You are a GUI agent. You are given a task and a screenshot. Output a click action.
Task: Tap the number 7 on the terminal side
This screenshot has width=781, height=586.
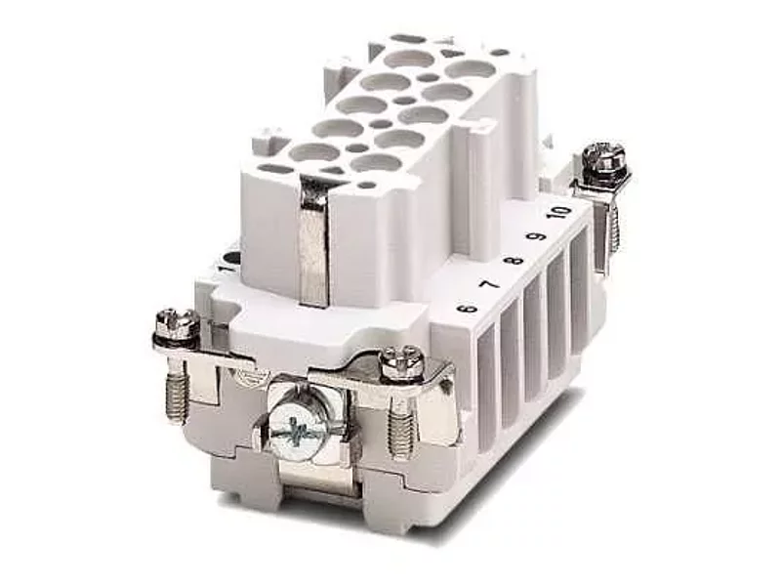pyautogui.click(x=490, y=285)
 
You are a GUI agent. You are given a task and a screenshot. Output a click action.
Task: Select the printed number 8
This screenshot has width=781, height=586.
pyautogui.click(x=515, y=260)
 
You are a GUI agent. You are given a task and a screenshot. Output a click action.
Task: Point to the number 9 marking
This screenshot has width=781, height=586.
pyautogui.click(x=539, y=237)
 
